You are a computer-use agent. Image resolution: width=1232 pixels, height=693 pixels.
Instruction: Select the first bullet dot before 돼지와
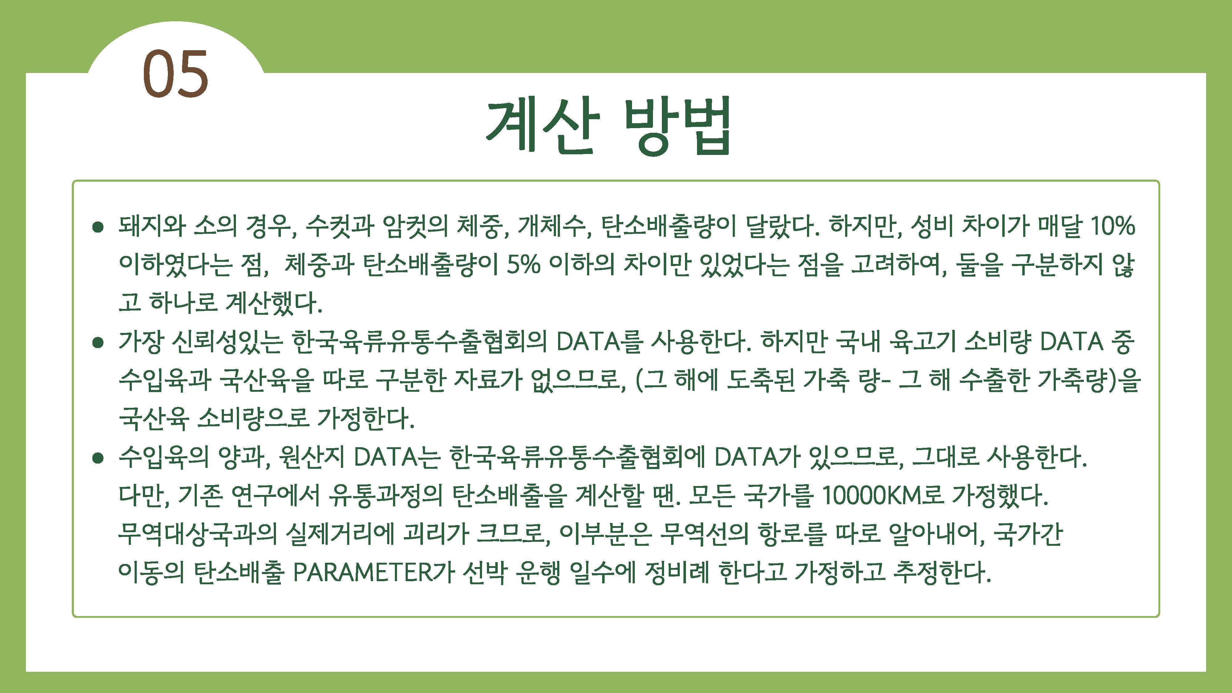click(x=98, y=227)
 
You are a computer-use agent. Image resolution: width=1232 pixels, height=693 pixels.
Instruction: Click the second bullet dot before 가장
click(x=98, y=342)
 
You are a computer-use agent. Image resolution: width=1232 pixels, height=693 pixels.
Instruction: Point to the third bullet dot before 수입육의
click(x=98, y=458)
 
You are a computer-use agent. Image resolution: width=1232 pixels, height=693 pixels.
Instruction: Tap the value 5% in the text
click(x=523, y=265)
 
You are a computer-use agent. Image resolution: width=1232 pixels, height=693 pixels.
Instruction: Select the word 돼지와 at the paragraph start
click(x=152, y=226)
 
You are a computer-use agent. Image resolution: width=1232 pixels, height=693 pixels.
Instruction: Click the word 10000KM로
click(x=882, y=496)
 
